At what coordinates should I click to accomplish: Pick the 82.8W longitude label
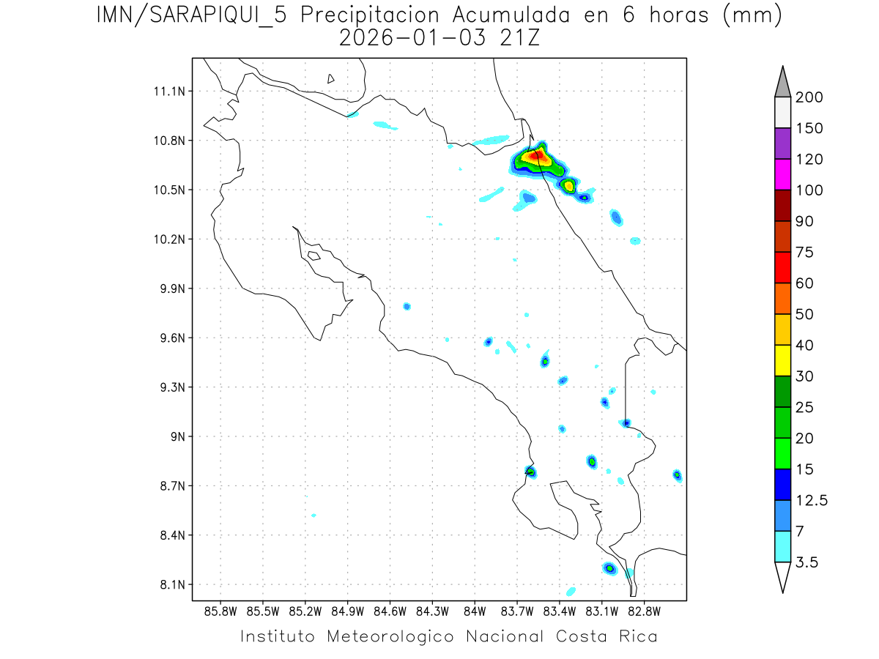pyautogui.click(x=645, y=611)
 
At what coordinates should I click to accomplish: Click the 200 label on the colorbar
pyautogui.click(x=809, y=97)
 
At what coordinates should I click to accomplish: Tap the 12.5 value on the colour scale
pyautogui.click(x=811, y=500)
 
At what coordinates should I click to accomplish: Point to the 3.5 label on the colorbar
pyautogui.click(x=806, y=562)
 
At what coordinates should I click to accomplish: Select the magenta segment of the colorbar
pyautogui.click(x=782, y=174)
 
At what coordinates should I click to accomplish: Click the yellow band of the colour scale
pyautogui.click(x=782, y=360)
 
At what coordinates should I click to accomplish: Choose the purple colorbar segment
pyautogui.click(x=782, y=144)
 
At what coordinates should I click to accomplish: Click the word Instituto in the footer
pyautogui.click(x=278, y=636)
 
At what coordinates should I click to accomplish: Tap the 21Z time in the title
pyautogui.click(x=519, y=39)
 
